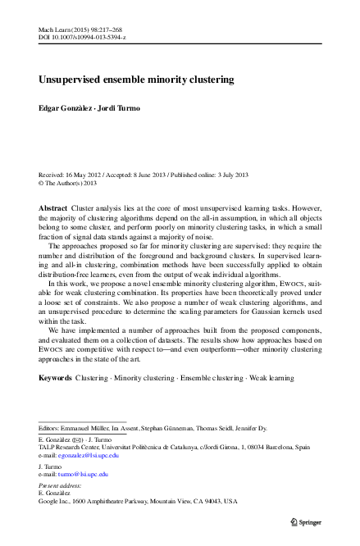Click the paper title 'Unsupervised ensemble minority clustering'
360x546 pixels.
pyautogui.click(x=136, y=80)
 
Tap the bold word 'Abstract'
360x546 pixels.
pyautogui.click(x=53, y=209)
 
